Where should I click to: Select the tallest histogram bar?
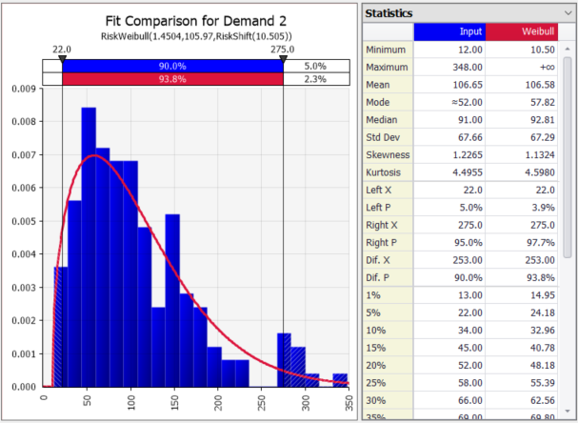coord(89,247)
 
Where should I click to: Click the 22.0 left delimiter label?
coord(62,49)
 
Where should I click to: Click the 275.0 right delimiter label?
coord(283,49)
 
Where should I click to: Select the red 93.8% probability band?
coord(172,79)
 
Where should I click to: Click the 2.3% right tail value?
coord(315,79)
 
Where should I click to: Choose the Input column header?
coord(451,31)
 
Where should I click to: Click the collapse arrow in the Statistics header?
coord(566,12)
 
